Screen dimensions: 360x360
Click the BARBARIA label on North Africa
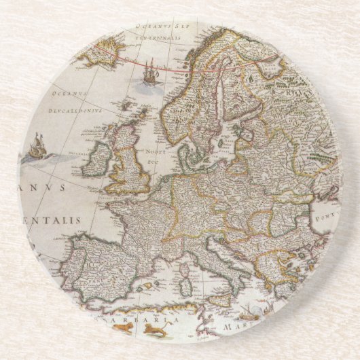click(146, 317)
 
